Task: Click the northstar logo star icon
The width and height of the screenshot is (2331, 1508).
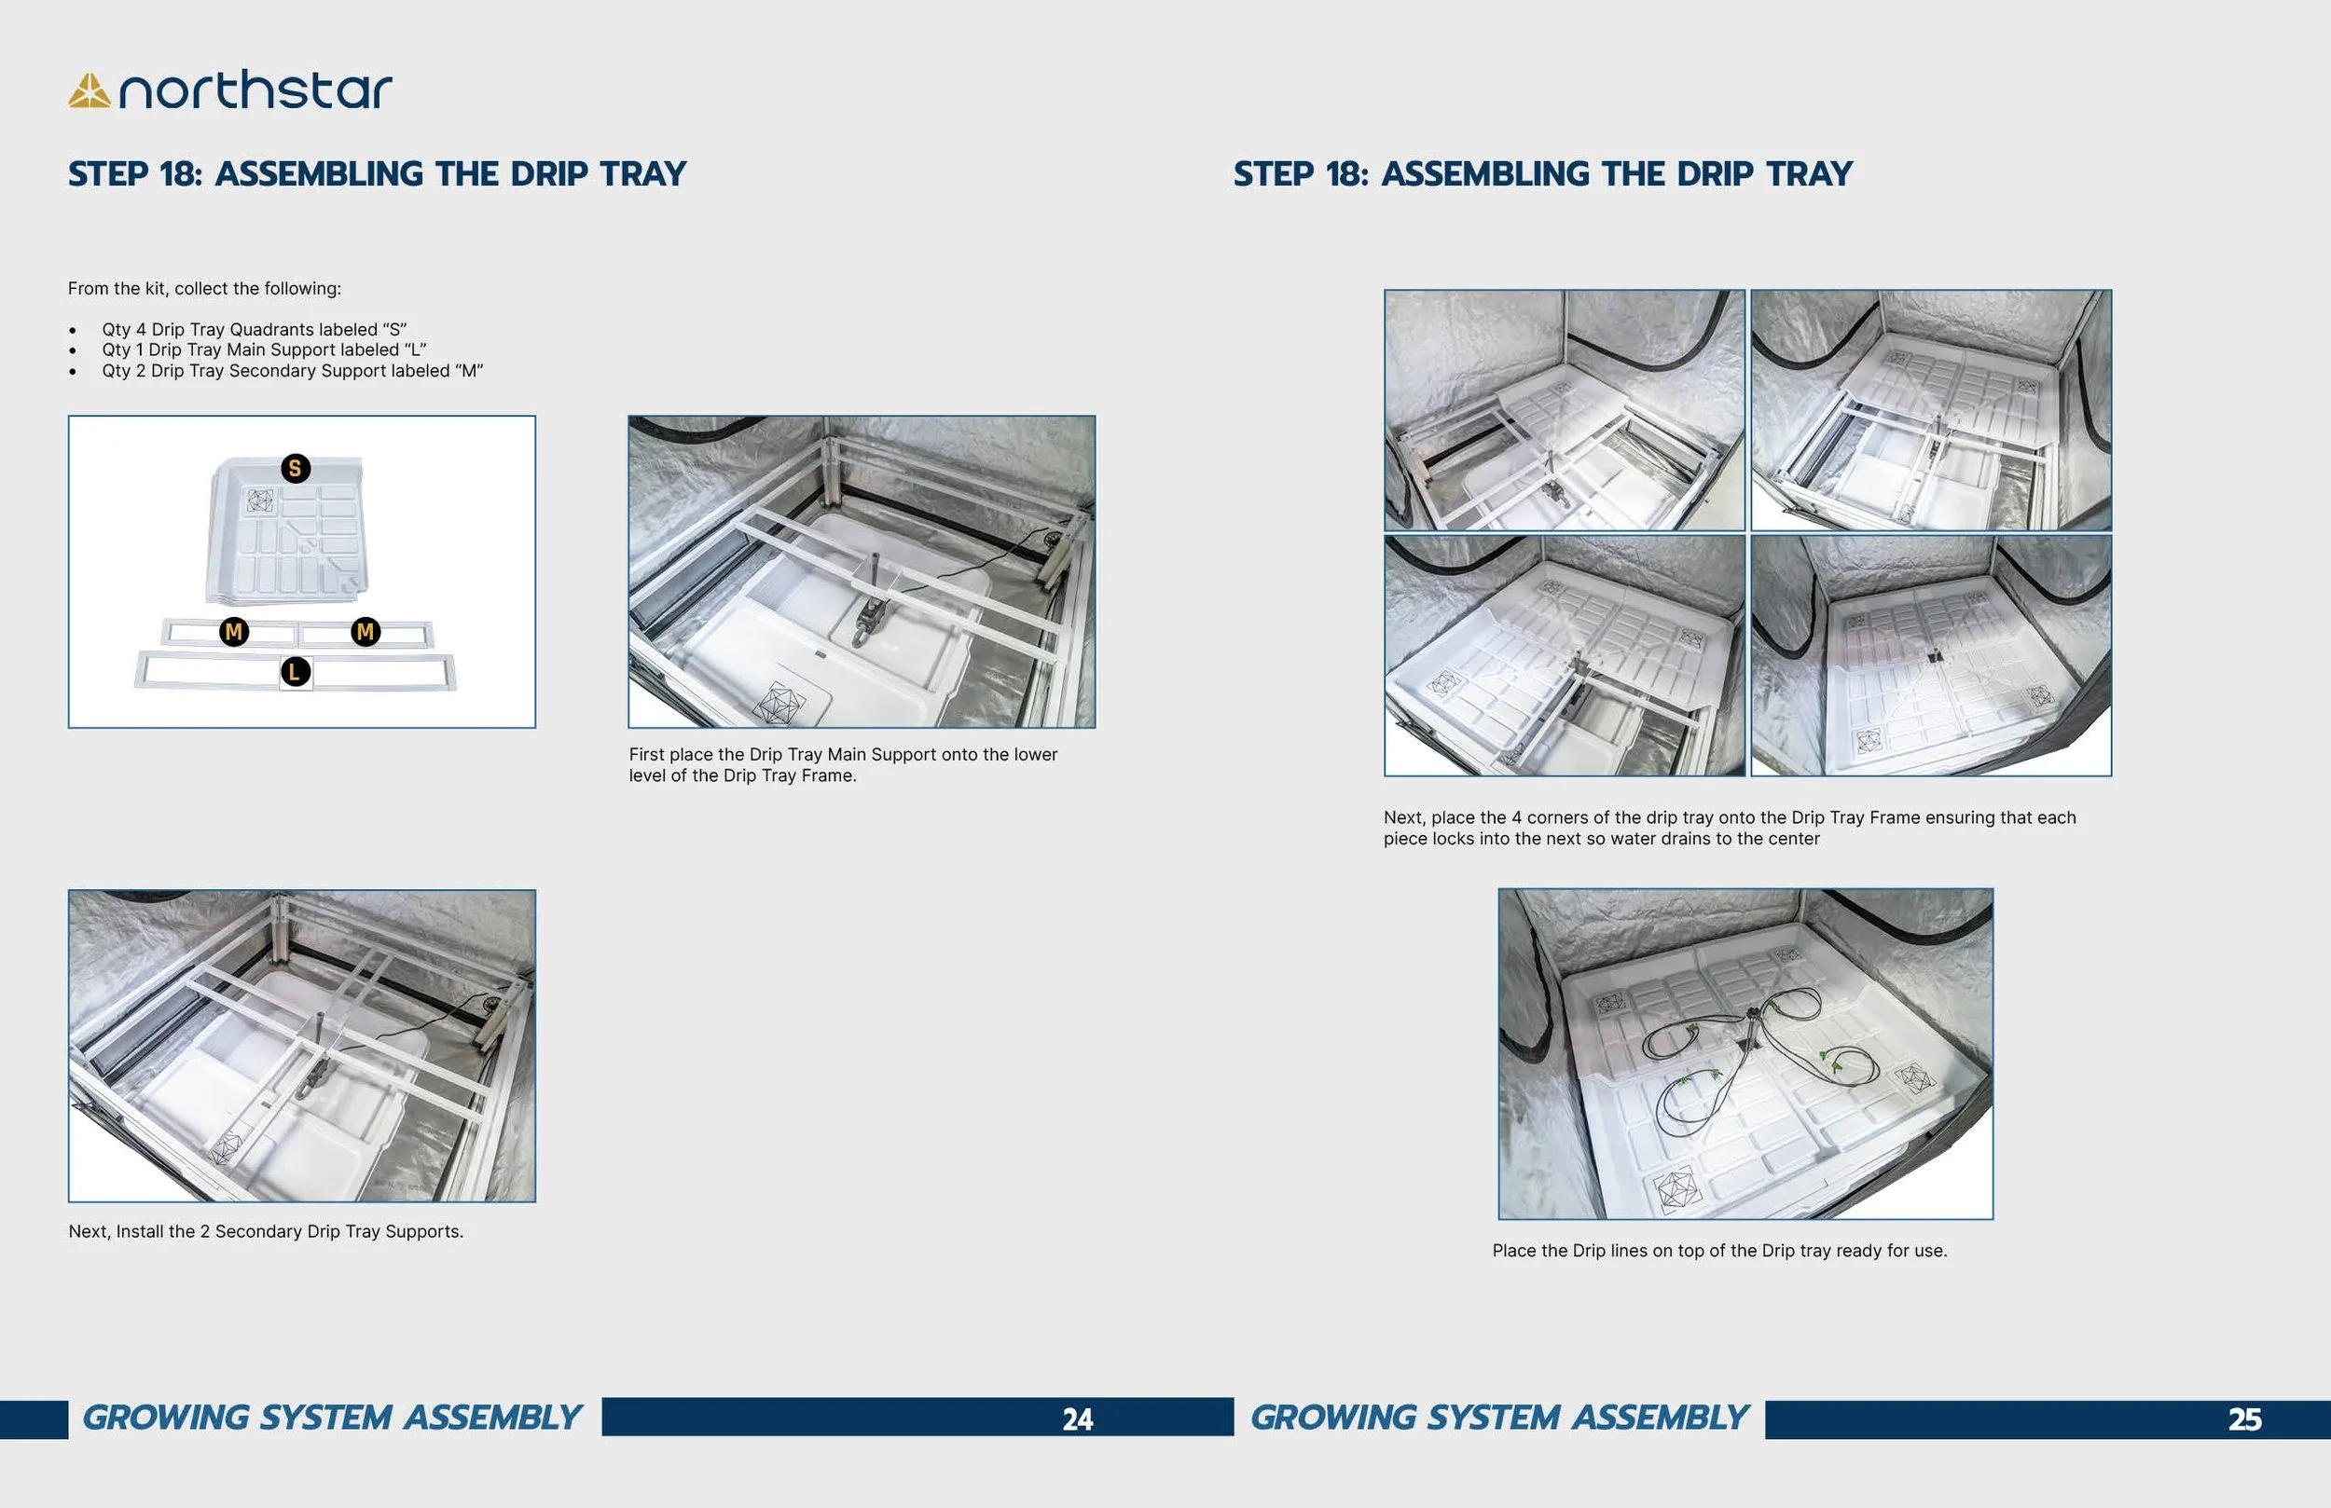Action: pyautogui.click(x=89, y=91)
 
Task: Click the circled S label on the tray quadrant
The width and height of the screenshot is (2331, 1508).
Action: pyautogui.click(x=296, y=468)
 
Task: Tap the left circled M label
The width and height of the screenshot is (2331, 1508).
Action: pyautogui.click(x=233, y=632)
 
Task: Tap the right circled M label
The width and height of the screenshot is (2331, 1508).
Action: pyautogui.click(x=366, y=632)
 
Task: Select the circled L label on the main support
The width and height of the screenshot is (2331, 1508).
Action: pyautogui.click(x=295, y=672)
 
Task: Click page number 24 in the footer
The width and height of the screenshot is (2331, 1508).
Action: pyautogui.click(x=1076, y=1419)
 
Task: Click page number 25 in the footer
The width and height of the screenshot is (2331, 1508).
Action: pyautogui.click(x=2245, y=1419)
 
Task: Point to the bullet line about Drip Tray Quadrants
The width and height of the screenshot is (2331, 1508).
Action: pyautogui.click(x=254, y=329)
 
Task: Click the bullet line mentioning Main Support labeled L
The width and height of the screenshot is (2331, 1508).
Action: pyautogui.click(x=264, y=350)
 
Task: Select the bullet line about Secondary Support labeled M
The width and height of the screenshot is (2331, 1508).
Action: pyautogui.click(x=292, y=370)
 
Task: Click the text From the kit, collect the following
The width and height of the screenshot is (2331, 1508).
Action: pyautogui.click(x=203, y=288)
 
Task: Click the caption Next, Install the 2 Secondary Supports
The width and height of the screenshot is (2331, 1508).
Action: pyautogui.click(x=266, y=1231)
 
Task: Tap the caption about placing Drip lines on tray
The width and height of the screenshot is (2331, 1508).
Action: pyautogui.click(x=1718, y=1251)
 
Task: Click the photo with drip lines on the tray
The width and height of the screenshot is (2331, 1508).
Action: pyautogui.click(x=1745, y=1053)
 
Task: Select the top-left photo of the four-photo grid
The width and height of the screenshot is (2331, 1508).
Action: pyautogui.click(x=1565, y=409)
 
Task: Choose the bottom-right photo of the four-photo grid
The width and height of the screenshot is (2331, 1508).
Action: pyautogui.click(x=1930, y=655)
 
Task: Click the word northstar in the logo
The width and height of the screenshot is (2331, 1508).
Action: pyautogui.click(x=255, y=90)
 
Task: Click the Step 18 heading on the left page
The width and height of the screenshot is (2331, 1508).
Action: pyautogui.click(x=377, y=173)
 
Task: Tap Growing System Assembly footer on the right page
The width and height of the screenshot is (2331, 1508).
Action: pyautogui.click(x=1498, y=1418)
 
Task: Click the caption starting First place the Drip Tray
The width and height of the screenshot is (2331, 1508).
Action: pyautogui.click(x=842, y=765)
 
